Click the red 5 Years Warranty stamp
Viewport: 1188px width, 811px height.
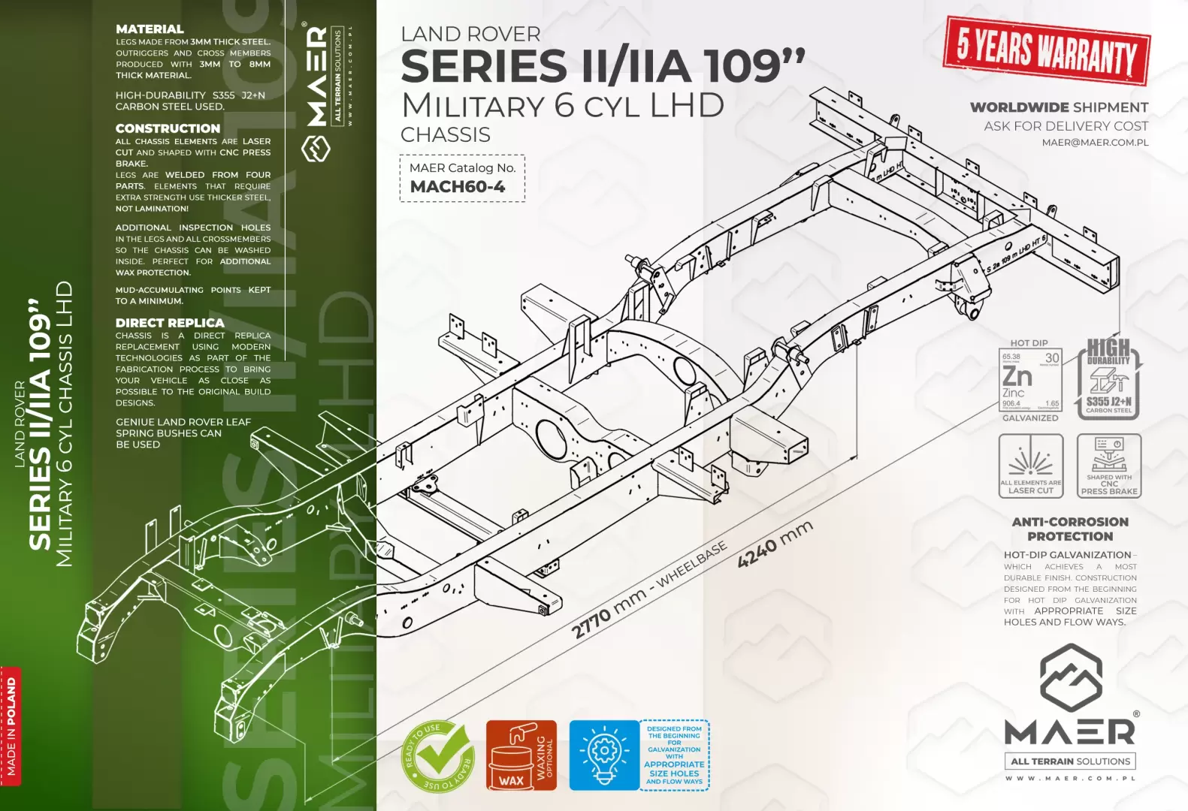click(x=1046, y=50)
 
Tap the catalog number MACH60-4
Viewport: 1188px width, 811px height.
click(x=458, y=187)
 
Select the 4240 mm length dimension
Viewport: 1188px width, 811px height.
click(x=775, y=544)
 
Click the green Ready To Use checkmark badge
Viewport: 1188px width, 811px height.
click(x=438, y=755)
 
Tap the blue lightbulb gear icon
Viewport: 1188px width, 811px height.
click(x=603, y=755)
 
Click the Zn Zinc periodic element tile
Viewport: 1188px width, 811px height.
click(x=1030, y=381)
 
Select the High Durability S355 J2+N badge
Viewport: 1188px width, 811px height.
click(x=1108, y=378)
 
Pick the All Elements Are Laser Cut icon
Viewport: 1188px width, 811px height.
click(x=1030, y=465)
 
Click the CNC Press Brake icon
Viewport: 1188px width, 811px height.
click(x=1108, y=465)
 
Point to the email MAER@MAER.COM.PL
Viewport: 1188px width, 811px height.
click(x=1095, y=143)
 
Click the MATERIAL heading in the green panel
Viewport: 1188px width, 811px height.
click(x=150, y=29)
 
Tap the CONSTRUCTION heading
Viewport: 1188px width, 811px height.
click(x=168, y=128)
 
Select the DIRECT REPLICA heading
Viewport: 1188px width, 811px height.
click(x=170, y=323)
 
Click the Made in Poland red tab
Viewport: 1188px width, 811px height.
click(x=11, y=725)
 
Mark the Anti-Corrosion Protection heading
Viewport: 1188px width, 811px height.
click(x=1070, y=529)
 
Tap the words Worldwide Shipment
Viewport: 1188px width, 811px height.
click(x=1059, y=107)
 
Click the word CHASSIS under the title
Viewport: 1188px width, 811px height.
click(x=446, y=135)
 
